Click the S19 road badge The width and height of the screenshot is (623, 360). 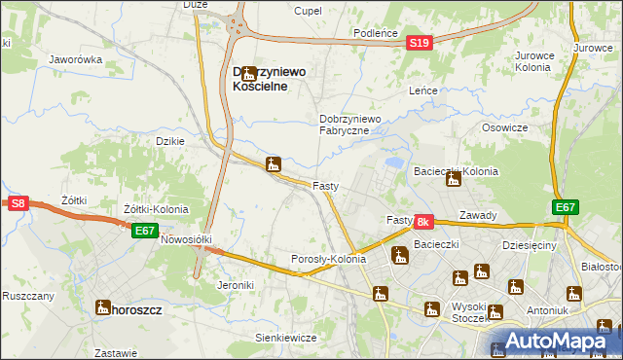point(419,43)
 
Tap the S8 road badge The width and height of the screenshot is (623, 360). point(18,203)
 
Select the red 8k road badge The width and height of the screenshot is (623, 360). point(423,222)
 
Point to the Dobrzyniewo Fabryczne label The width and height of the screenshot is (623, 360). point(355,125)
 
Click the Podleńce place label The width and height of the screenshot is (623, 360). point(376,33)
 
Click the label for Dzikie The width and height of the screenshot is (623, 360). point(170,140)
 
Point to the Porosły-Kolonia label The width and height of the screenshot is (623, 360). point(329,259)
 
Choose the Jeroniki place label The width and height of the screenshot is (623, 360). point(237,285)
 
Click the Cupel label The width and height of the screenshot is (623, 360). point(309,10)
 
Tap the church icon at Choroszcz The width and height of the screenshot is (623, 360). point(102,309)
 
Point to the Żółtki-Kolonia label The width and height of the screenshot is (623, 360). point(156,209)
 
